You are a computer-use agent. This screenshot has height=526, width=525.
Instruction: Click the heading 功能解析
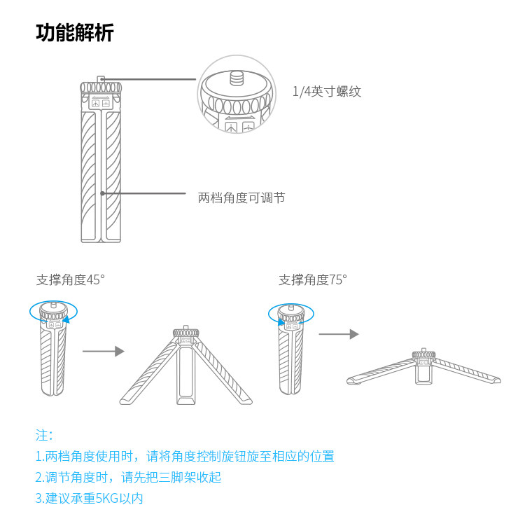click(x=75, y=33)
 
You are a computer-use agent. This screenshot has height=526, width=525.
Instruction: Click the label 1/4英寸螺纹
click(x=327, y=91)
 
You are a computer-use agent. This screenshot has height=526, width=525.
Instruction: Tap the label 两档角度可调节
click(x=241, y=198)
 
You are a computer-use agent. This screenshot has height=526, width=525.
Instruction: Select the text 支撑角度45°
click(x=71, y=279)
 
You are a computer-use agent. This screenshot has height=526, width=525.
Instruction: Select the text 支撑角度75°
click(x=313, y=279)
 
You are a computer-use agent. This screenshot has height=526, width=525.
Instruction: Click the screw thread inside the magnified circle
click(x=236, y=78)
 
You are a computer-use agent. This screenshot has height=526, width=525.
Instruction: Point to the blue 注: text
click(x=44, y=436)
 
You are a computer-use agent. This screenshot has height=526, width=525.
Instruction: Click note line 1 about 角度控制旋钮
click(x=185, y=456)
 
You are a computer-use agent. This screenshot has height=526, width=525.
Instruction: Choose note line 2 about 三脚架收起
click(x=128, y=477)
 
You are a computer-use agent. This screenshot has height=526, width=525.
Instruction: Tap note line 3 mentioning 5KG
click(x=89, y=498)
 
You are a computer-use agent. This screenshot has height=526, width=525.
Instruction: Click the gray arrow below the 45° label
click(x=104, y=351)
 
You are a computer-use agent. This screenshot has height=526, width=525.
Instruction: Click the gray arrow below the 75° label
click(x=339, y=334)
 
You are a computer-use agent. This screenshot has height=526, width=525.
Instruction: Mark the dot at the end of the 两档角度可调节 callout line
click(x=103, y=193)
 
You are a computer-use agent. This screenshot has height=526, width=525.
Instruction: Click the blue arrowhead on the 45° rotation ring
click(x=66, y=319)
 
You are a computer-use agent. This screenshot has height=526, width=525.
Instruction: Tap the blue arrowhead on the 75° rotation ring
click(x=281, y=322)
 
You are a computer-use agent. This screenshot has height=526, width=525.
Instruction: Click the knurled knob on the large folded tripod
click(x=101, y=88)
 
